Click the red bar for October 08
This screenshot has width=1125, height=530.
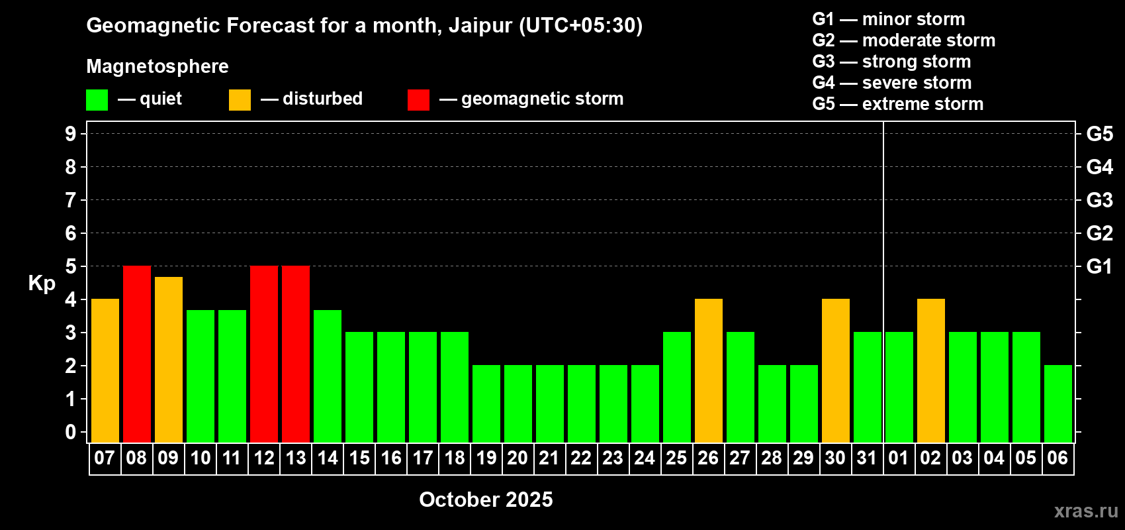click(x=136, y=354)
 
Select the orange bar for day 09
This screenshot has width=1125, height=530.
click(x=169, y=360)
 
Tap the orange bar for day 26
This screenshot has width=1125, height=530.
click(x=709, y=370)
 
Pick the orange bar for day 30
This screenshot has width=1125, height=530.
click(x=836, y=370)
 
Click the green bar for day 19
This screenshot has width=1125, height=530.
click(x=486, y=403)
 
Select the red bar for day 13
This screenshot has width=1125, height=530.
click(x=296, y=354)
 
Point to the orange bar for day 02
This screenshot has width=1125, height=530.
click(x=931, y=370)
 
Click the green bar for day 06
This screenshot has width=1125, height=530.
click(x=1058, y=403)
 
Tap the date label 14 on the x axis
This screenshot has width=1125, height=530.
click(x=328, y=458)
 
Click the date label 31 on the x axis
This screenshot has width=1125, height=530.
click(x=868, y=458)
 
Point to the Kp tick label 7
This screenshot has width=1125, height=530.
click(x=70, y=200)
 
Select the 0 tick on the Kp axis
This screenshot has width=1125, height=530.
click(x=70, y=432)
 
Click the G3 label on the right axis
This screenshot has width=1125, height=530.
click(x=1099, y=200)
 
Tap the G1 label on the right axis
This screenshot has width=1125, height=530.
click(x=1099, y=266)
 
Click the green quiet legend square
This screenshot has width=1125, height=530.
click(x=97, y=99)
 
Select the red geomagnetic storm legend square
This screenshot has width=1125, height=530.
click(x=419, y=99)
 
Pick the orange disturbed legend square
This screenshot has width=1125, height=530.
click(x=240, y=99)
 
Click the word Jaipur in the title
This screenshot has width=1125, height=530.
click(x=480, y=26)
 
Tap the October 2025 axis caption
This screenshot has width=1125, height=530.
click(x=486, y=500)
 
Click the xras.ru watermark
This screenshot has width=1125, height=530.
click(x=1086, y=511)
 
